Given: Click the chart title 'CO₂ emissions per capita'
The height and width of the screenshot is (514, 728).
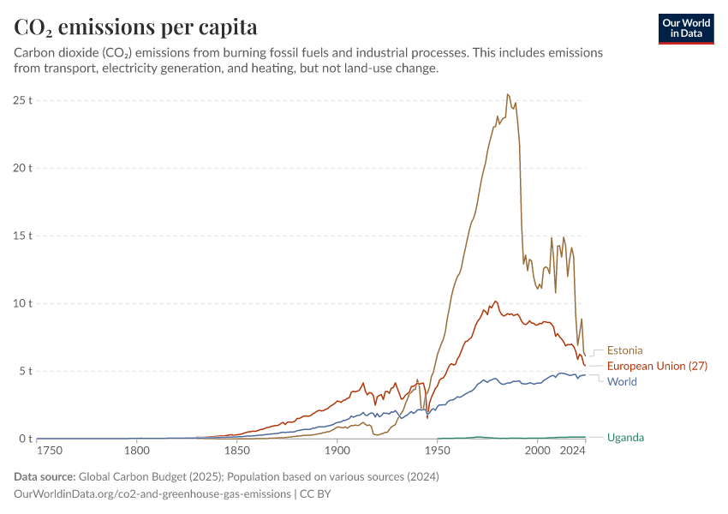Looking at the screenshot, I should pos(136,27).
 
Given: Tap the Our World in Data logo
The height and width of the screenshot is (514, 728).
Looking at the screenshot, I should pos(686,27).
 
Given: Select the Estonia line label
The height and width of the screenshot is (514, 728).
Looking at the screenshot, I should pos(624,350).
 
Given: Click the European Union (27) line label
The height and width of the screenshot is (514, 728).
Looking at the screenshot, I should pos(657,366).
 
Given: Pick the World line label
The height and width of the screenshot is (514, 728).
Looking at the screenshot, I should pos(622,382).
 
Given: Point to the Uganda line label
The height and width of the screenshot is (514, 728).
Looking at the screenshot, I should pos(625,438).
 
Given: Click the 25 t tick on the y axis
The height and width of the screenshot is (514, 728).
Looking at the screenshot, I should pos(22,100).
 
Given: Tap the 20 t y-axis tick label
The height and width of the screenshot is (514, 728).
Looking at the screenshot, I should pos(22,168).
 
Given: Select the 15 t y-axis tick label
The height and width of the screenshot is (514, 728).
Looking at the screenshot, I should pos(22,236).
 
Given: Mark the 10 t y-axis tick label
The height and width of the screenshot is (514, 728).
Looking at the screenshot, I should pos(22,303).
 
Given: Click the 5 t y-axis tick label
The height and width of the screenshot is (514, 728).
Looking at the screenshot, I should pos(26,371).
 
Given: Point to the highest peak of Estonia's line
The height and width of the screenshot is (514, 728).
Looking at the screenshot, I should pos(507,94).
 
